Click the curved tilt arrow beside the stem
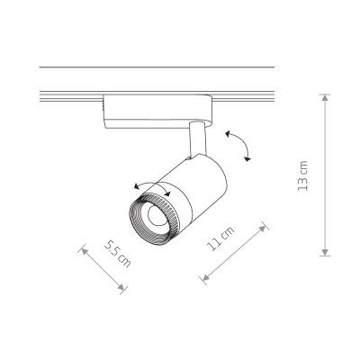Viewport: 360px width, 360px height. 238,144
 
